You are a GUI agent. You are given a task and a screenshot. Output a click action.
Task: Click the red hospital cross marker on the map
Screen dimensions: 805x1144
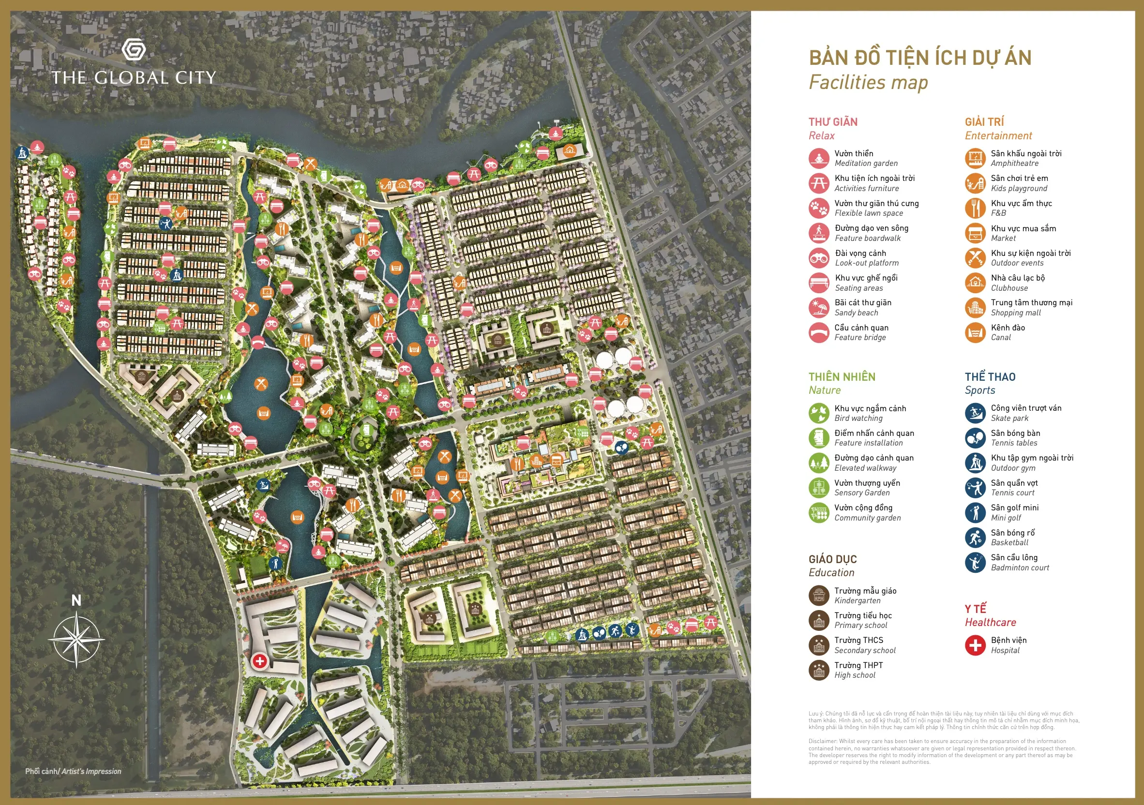(259, 661)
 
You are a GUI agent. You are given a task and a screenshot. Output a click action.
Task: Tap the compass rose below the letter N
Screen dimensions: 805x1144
(76, 639)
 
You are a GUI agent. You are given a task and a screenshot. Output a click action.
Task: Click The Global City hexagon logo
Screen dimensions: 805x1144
(134, 49)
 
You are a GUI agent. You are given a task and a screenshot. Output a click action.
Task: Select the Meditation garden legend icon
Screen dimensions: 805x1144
(819, 158)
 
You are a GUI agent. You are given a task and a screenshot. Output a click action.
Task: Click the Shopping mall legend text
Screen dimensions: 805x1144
(1031, 307)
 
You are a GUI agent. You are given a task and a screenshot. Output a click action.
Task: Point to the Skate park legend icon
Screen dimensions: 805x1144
(975, 413)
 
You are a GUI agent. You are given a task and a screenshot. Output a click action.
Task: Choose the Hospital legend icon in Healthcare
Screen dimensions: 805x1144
(975, 645)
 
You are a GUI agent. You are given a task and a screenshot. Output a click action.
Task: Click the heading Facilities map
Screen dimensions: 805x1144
(868, 82)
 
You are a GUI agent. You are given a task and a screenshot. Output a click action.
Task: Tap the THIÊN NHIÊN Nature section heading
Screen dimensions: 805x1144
(842, 383)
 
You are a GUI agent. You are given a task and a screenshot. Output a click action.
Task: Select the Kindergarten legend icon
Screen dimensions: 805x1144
(819, 595)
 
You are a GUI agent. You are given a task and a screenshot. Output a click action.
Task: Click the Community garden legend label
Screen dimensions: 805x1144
(868, 513)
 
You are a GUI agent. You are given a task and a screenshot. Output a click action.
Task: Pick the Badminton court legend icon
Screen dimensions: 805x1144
(975, 563)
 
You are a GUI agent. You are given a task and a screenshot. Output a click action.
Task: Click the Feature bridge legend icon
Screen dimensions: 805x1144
(819, 333)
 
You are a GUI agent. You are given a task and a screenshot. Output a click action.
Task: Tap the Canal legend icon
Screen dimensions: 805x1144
(975, 333)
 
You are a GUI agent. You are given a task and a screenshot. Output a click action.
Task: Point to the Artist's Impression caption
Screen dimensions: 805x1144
(73, 771)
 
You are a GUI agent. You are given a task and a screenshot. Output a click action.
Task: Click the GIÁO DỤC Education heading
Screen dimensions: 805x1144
(832, 566)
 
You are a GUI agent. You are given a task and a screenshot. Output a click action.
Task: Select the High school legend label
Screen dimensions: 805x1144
(858, 670)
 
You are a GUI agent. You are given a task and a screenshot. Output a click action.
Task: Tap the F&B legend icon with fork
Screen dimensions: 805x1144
(975, 208)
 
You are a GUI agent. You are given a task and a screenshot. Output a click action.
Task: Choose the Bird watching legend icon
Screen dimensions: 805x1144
(819, 413)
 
